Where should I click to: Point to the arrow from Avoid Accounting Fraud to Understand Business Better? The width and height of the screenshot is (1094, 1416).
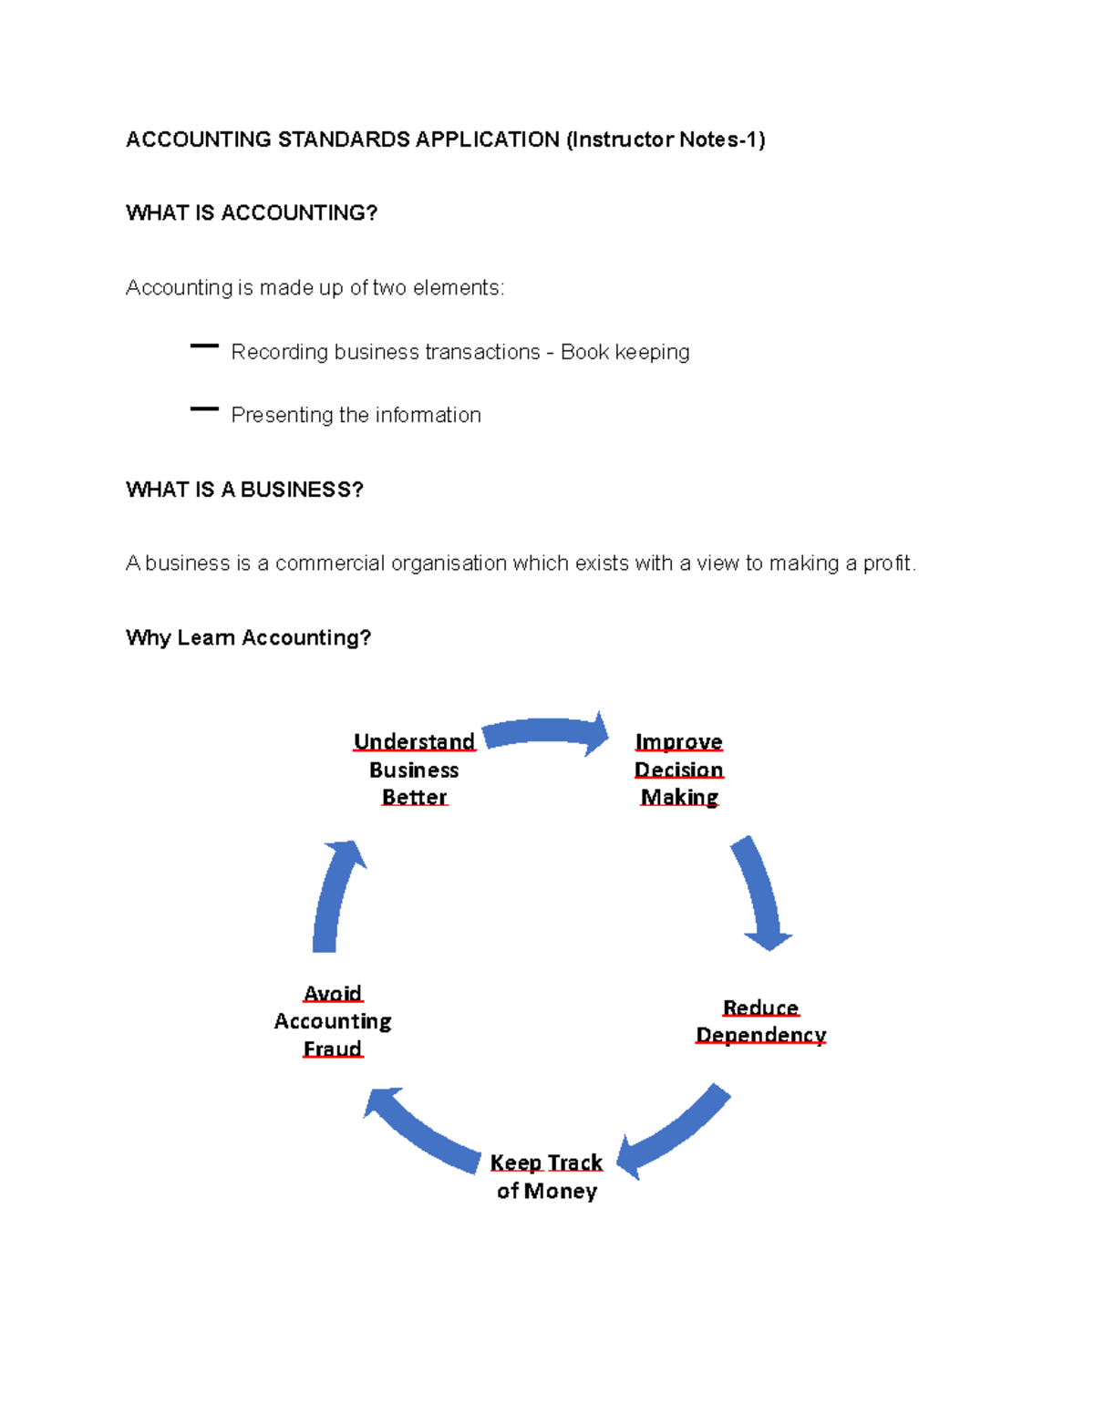click(335, 897)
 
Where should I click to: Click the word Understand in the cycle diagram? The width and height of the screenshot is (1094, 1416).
click(415, 741)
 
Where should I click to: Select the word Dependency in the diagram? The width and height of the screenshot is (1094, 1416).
click(761, 1035)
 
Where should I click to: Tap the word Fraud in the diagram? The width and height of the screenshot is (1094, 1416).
click(333, 1049)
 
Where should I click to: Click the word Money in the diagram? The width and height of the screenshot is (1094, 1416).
click(561, 1191)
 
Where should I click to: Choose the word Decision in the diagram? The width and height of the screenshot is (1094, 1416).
click(679, 770)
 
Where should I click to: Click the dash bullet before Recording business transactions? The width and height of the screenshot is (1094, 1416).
click(204, 346)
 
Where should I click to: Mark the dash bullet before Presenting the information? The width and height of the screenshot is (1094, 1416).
click(204, 409)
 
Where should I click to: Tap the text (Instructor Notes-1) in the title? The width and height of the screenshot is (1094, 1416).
click(666, 140)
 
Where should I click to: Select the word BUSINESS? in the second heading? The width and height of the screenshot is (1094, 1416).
click(302, 490)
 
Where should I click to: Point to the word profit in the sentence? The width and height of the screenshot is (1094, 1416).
click(887, 563)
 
